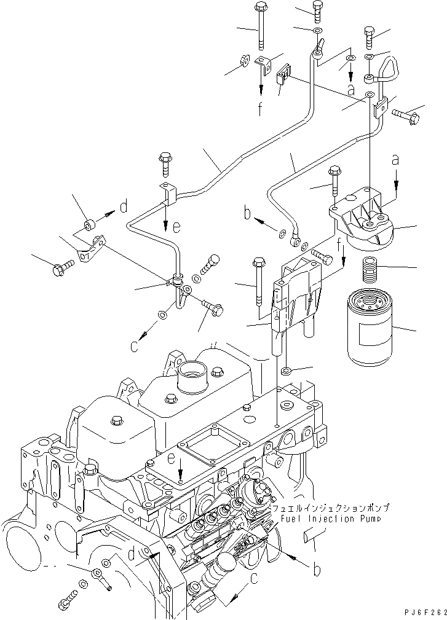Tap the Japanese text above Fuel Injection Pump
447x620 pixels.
tap(334, 508)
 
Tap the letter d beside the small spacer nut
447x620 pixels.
tap(124, 208)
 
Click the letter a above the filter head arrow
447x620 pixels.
tap(395, 160)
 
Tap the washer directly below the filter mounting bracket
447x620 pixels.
tap(286, 371)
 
